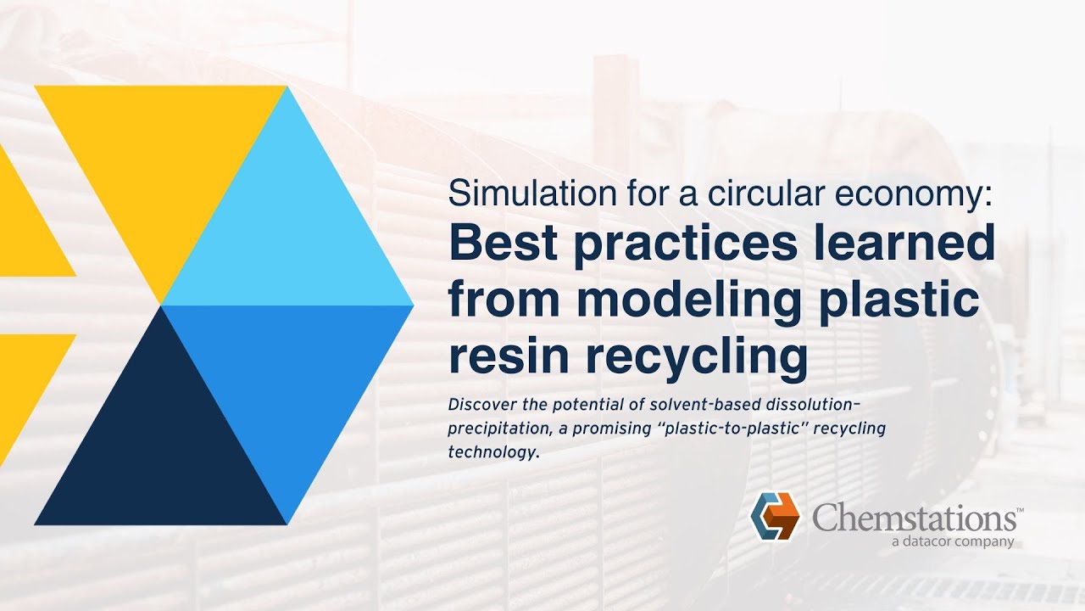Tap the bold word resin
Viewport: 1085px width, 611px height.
click(x=509, y=356)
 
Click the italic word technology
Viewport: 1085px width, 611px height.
click(x=492, y=453)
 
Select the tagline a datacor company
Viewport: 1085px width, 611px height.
click(x=953, y=541)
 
